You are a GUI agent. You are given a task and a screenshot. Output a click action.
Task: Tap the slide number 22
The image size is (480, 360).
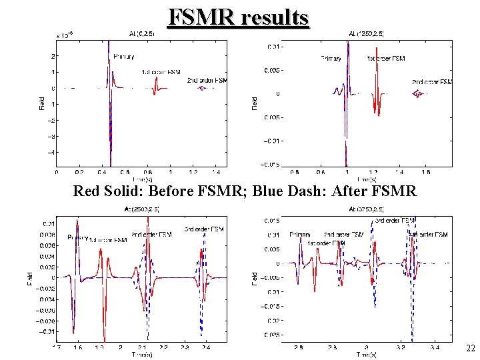pos(471,348)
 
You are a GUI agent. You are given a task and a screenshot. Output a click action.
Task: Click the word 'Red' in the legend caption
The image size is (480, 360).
pos(87,192)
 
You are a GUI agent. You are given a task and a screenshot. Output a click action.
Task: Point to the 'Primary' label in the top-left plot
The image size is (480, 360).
pos(123,57)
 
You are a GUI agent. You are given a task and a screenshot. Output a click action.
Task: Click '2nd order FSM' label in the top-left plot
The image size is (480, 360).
pos(207,80)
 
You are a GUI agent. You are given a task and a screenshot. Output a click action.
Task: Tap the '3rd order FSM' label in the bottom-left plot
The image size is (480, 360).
pos(204,229)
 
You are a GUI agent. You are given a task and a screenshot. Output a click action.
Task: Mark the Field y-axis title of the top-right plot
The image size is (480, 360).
pos(254,102)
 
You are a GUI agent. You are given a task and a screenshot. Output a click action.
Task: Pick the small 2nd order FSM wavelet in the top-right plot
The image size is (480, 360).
pos(418,94)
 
